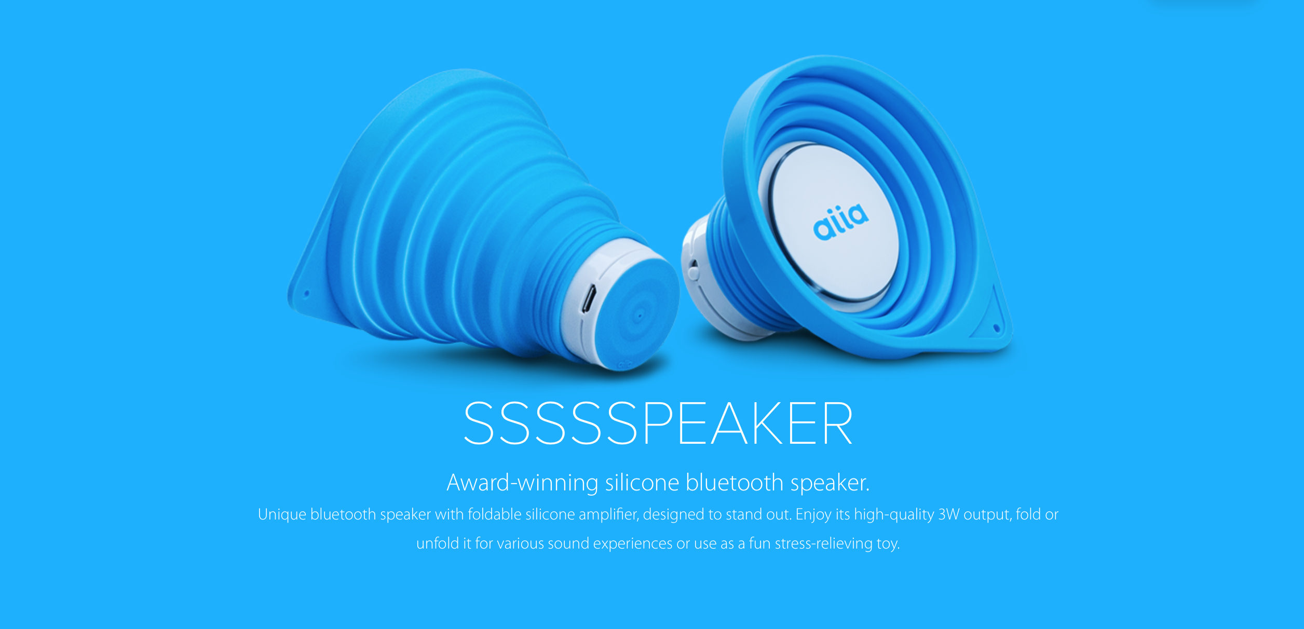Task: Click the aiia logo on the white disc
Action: coord(840,222)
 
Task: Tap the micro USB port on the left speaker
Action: coord(588,299)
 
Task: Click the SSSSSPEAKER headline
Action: coord(658,423)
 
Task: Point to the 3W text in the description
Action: coord(948,514)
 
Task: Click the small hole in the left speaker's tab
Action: coord(306,294)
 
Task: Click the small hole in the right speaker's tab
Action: coord(996,327)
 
